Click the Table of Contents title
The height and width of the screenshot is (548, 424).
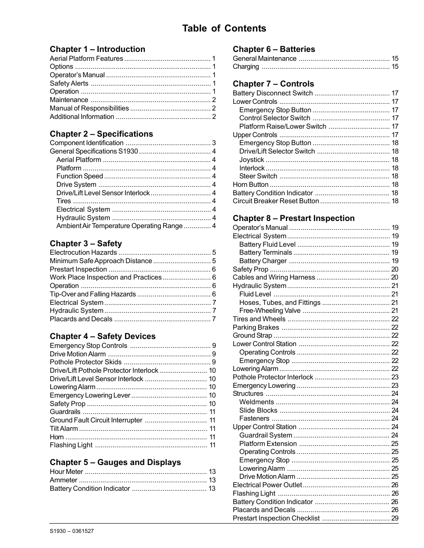coord(224,28)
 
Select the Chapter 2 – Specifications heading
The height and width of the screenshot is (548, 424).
coord(101,134)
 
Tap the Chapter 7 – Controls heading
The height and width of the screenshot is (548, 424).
coord(273,84)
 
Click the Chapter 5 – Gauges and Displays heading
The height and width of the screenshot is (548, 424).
coord(115,462)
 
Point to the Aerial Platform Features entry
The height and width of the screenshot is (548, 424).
coord(86,59)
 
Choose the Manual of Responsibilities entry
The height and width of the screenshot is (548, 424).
coord(89,108)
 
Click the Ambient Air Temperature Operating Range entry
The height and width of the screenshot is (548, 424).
coord(120,226)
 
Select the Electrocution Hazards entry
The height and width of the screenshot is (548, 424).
coord(83,252)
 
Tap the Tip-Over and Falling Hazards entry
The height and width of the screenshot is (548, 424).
coord(93,294)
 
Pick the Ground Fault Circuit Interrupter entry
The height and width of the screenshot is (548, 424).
coord(96,420)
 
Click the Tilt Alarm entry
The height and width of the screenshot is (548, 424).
coord(64,429)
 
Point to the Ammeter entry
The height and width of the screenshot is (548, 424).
coord(64,480)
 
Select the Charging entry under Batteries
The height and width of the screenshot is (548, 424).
coord(246,67)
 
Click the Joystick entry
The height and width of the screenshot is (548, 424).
coord(252,160)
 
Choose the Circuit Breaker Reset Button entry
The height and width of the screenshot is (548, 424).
coord(276,201)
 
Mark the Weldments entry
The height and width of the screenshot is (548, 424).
coord(256,402)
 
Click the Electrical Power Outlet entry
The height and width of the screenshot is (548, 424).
coord(267,485)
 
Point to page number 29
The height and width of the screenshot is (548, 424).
coord(395,518)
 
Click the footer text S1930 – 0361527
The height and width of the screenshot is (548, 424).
coord(72,531)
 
